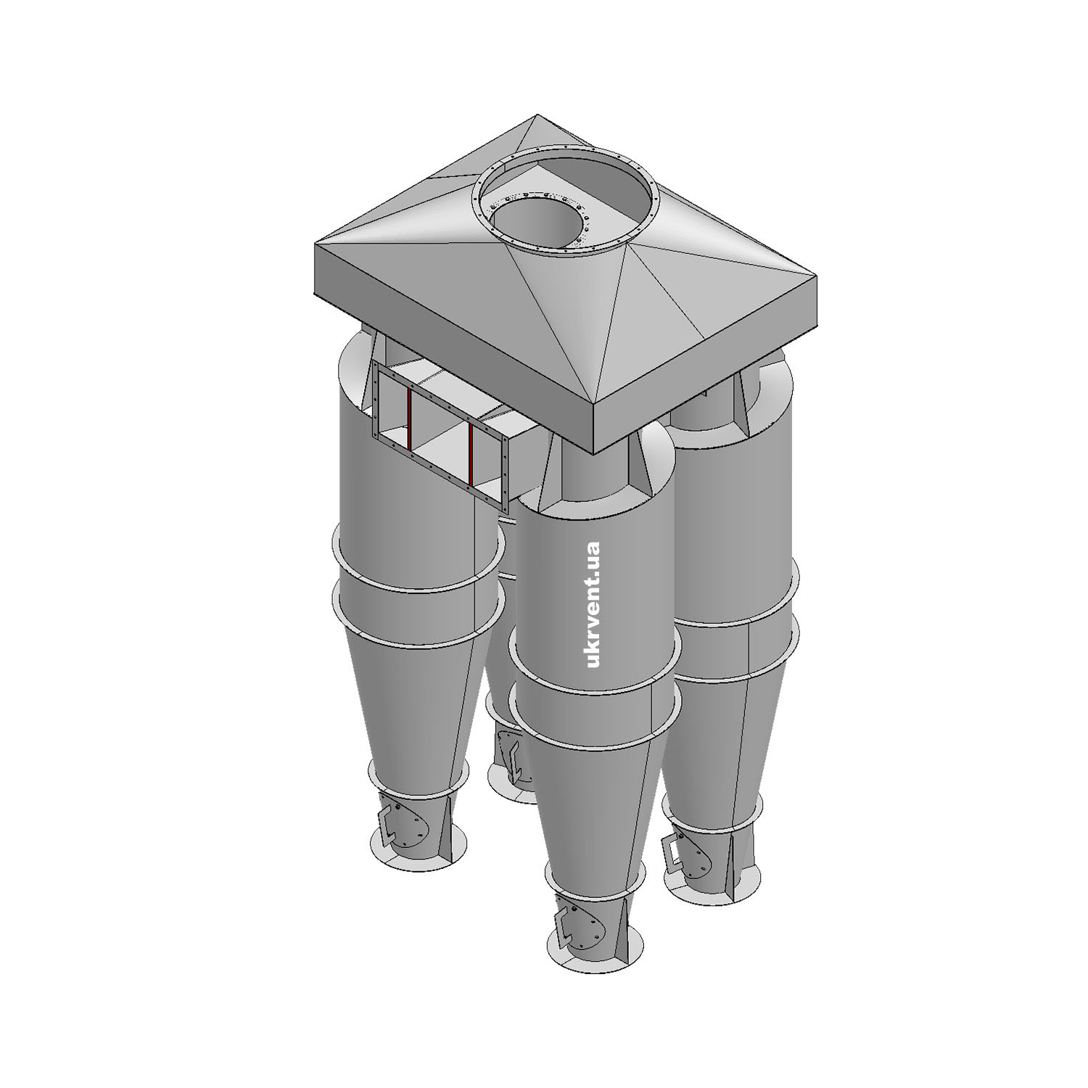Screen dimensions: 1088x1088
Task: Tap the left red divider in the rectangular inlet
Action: click(409, 419)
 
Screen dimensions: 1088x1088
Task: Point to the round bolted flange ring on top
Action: click(565, 156)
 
